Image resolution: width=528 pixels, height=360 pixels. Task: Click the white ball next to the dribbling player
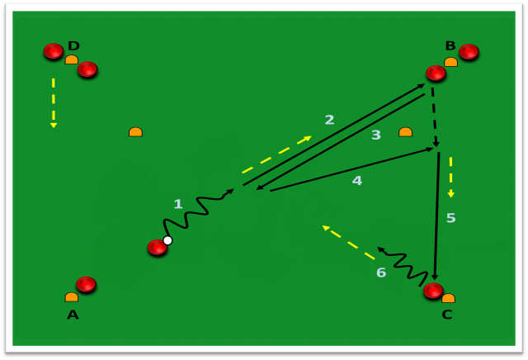(x=167, y=240)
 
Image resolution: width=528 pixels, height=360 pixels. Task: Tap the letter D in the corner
(x=73, y=45)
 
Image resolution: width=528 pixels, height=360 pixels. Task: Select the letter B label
(x=450, y=45)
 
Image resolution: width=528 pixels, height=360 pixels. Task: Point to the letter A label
(x=73, y=315)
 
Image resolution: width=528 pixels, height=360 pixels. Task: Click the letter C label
(x=447, y=315)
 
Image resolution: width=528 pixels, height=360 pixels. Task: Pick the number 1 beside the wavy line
(x=178, y=204)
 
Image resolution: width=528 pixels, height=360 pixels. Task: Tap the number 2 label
(x=330, y=120)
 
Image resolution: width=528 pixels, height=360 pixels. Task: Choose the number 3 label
(x=376, y=135)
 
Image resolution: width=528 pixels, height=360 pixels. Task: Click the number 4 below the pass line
(x=357, y=181)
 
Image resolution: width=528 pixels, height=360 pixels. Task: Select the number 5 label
(x=451, y=218)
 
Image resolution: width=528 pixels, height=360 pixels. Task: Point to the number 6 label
(x=381, y=272)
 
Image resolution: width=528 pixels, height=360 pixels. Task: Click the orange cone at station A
(x=72, y=297)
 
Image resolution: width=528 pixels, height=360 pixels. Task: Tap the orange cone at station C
(x=448, y=298)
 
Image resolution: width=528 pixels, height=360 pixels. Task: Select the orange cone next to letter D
(x=72, y=59)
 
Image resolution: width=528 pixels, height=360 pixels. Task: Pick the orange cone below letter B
(x=450, y=62)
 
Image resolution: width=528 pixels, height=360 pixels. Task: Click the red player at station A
(x=86, y=284)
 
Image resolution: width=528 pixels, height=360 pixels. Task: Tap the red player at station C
(x=433, y=291)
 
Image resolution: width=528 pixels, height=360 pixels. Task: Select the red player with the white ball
(x=158, y=247)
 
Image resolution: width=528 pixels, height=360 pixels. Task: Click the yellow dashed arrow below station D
(x=53, y=103)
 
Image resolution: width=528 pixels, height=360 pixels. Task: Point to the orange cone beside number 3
(x=405, y=132)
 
